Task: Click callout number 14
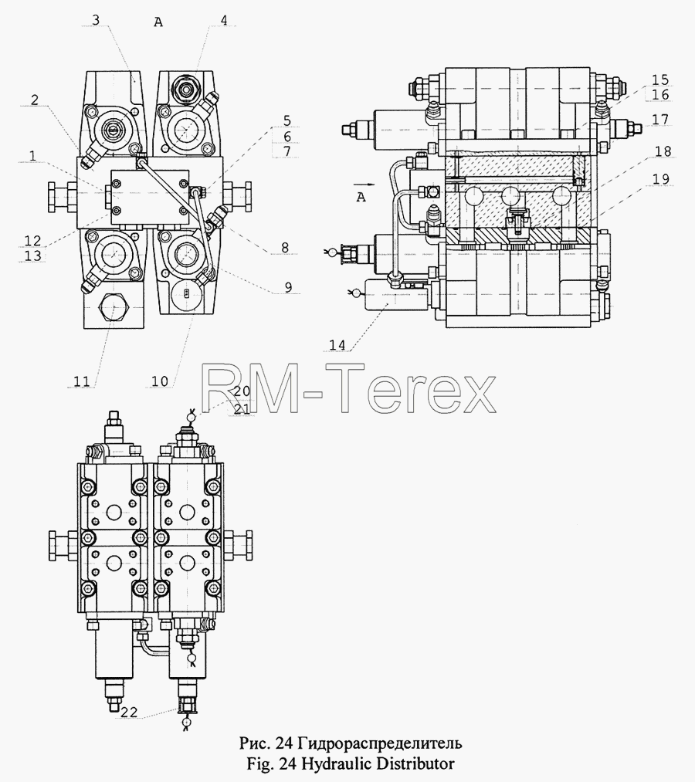point(337,345)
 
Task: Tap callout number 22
point(129,713)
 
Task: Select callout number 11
point(82,381)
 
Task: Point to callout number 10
point(160,381)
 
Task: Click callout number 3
point(96,20)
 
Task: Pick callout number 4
point(224,20)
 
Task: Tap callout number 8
point(285,247)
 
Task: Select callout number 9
point(288,287)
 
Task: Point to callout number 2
point(34,100)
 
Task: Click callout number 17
point(660,120)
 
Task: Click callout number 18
point(663,151)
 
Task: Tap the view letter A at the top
point(158,22)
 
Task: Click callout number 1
point(33,156)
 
